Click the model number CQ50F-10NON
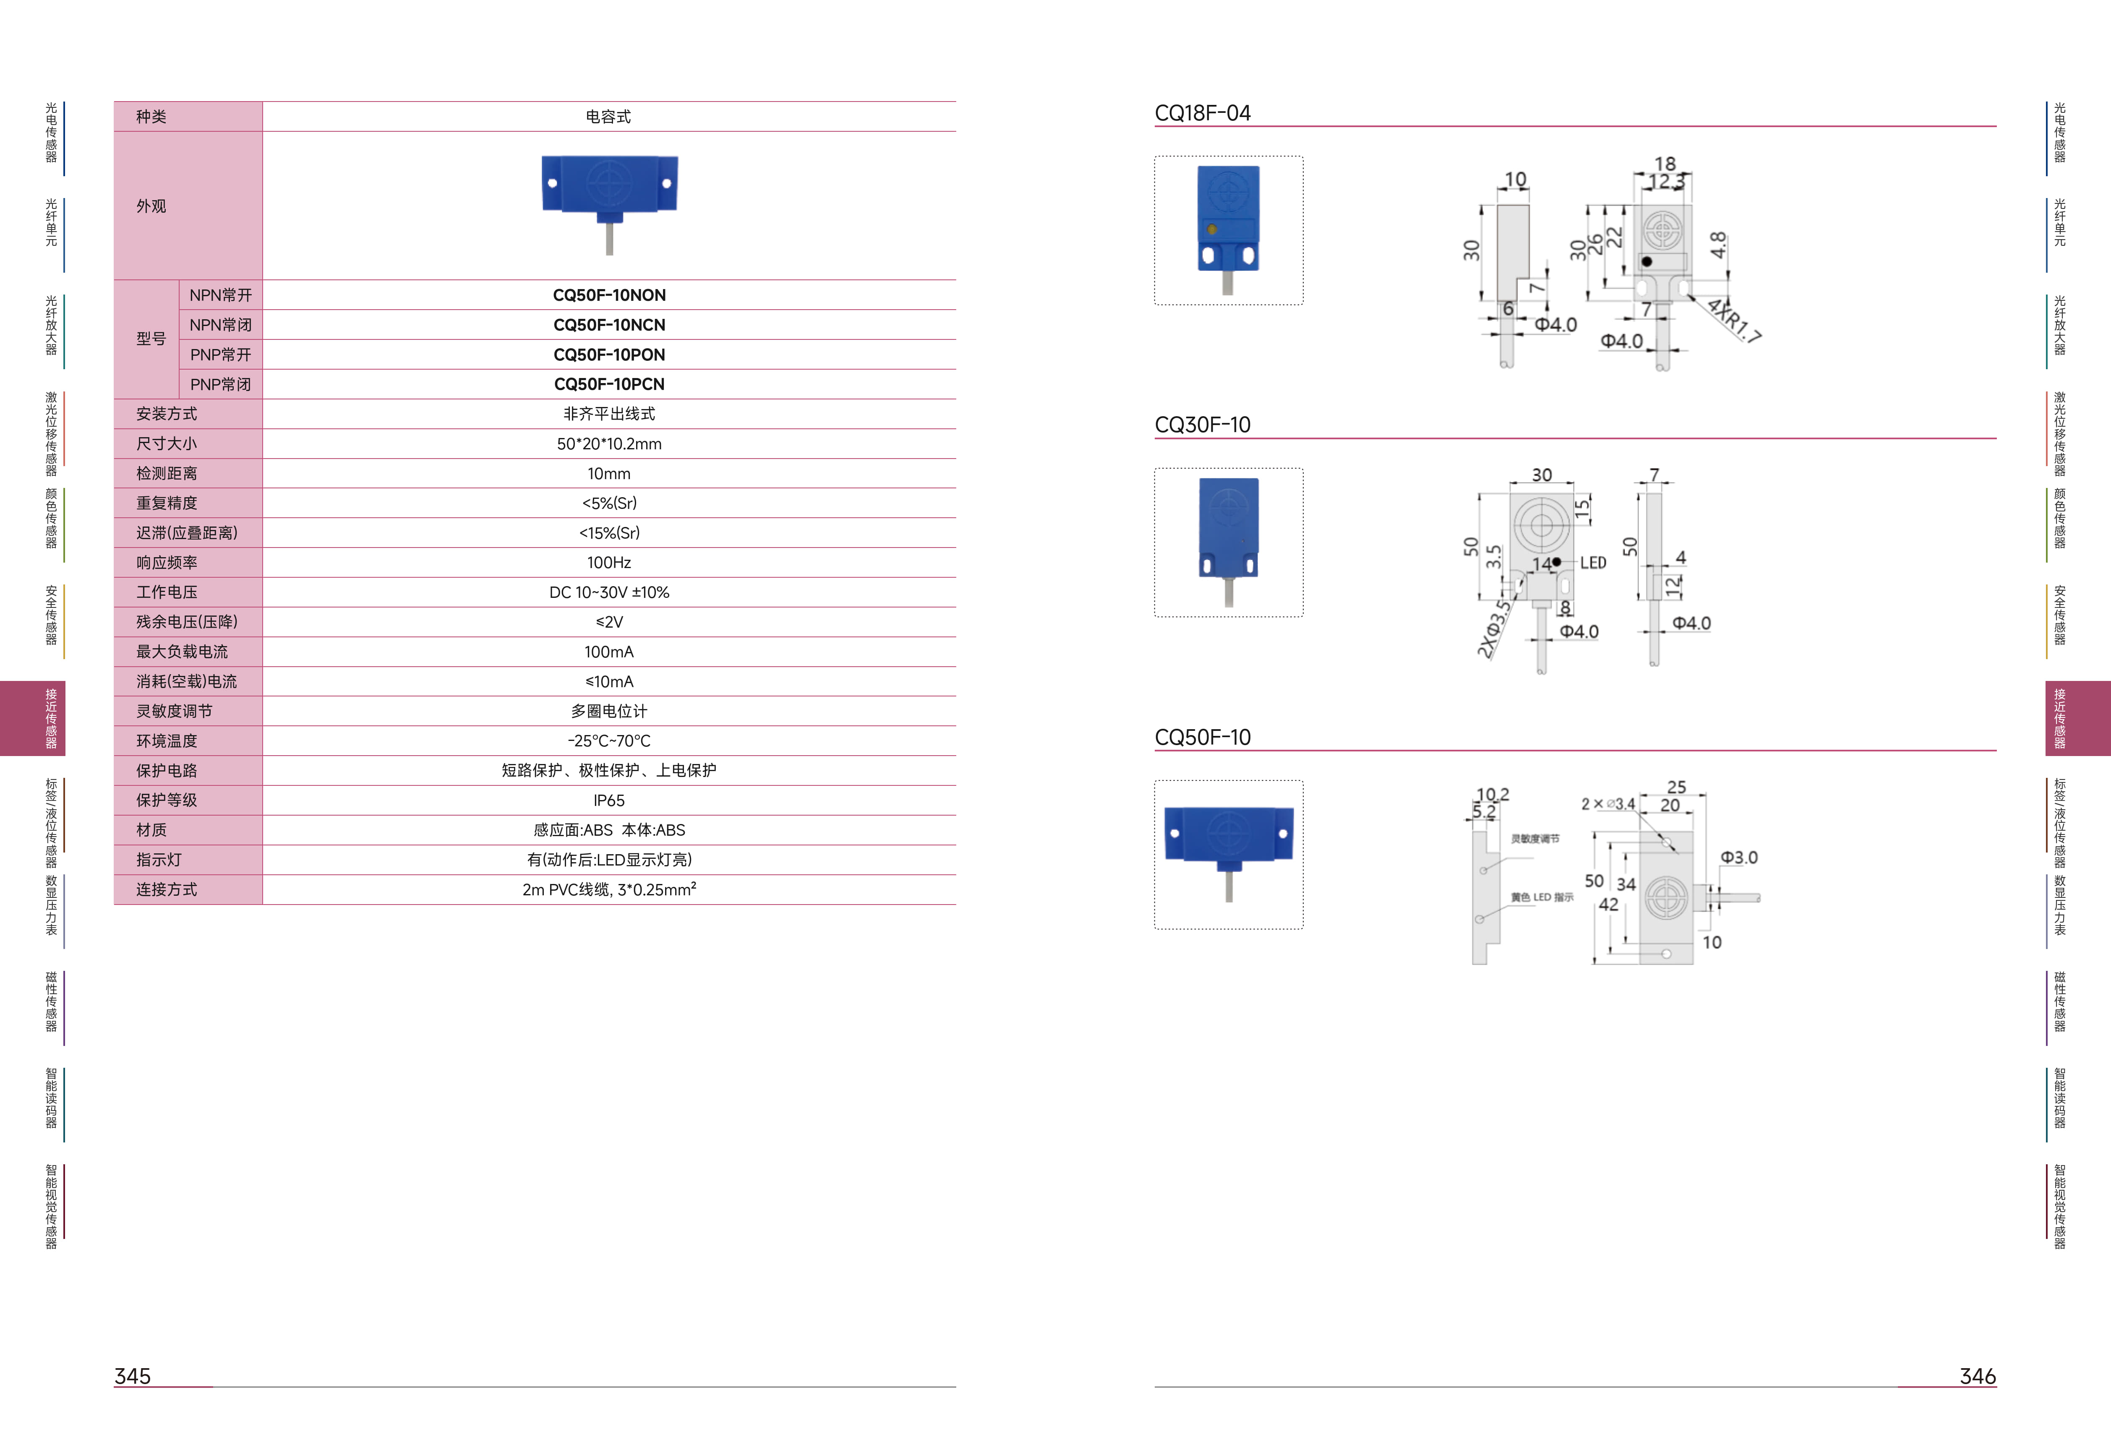(608, 295)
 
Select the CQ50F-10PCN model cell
(608, 384)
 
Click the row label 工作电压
(166, 592)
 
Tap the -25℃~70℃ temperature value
(608, 741)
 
